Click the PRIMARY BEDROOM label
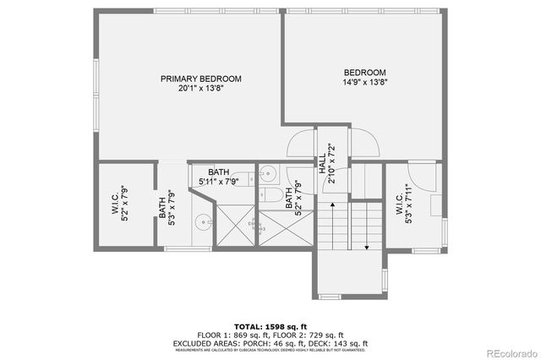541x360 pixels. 201,79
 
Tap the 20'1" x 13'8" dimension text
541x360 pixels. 201,88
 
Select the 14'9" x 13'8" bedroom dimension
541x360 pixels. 365,83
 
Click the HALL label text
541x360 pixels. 323,159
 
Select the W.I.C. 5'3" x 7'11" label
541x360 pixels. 402,207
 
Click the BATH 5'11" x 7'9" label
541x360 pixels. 219,176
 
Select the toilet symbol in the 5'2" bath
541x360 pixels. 273,195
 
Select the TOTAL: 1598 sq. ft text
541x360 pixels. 270,325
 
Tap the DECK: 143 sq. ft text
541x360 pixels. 342,343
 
